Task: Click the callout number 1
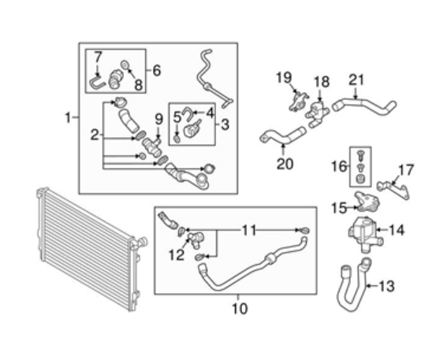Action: (68, 117)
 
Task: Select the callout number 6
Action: (157, 71)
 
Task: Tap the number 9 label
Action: (158, 120)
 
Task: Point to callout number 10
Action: (240, 308)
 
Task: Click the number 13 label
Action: (387, 286)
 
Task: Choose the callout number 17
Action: (406, 170)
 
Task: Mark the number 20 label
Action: (285, 164)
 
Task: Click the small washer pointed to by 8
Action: (125, 65)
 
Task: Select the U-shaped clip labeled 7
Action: (97, 84)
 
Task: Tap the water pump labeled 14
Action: (364, 234)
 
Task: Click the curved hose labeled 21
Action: (364, 106)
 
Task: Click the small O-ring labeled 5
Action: (177, 139)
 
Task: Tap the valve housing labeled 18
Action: (317, 114)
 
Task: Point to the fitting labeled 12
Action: (196, 240)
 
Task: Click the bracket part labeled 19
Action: (298, 101)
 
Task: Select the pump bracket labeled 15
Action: (367, 202)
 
